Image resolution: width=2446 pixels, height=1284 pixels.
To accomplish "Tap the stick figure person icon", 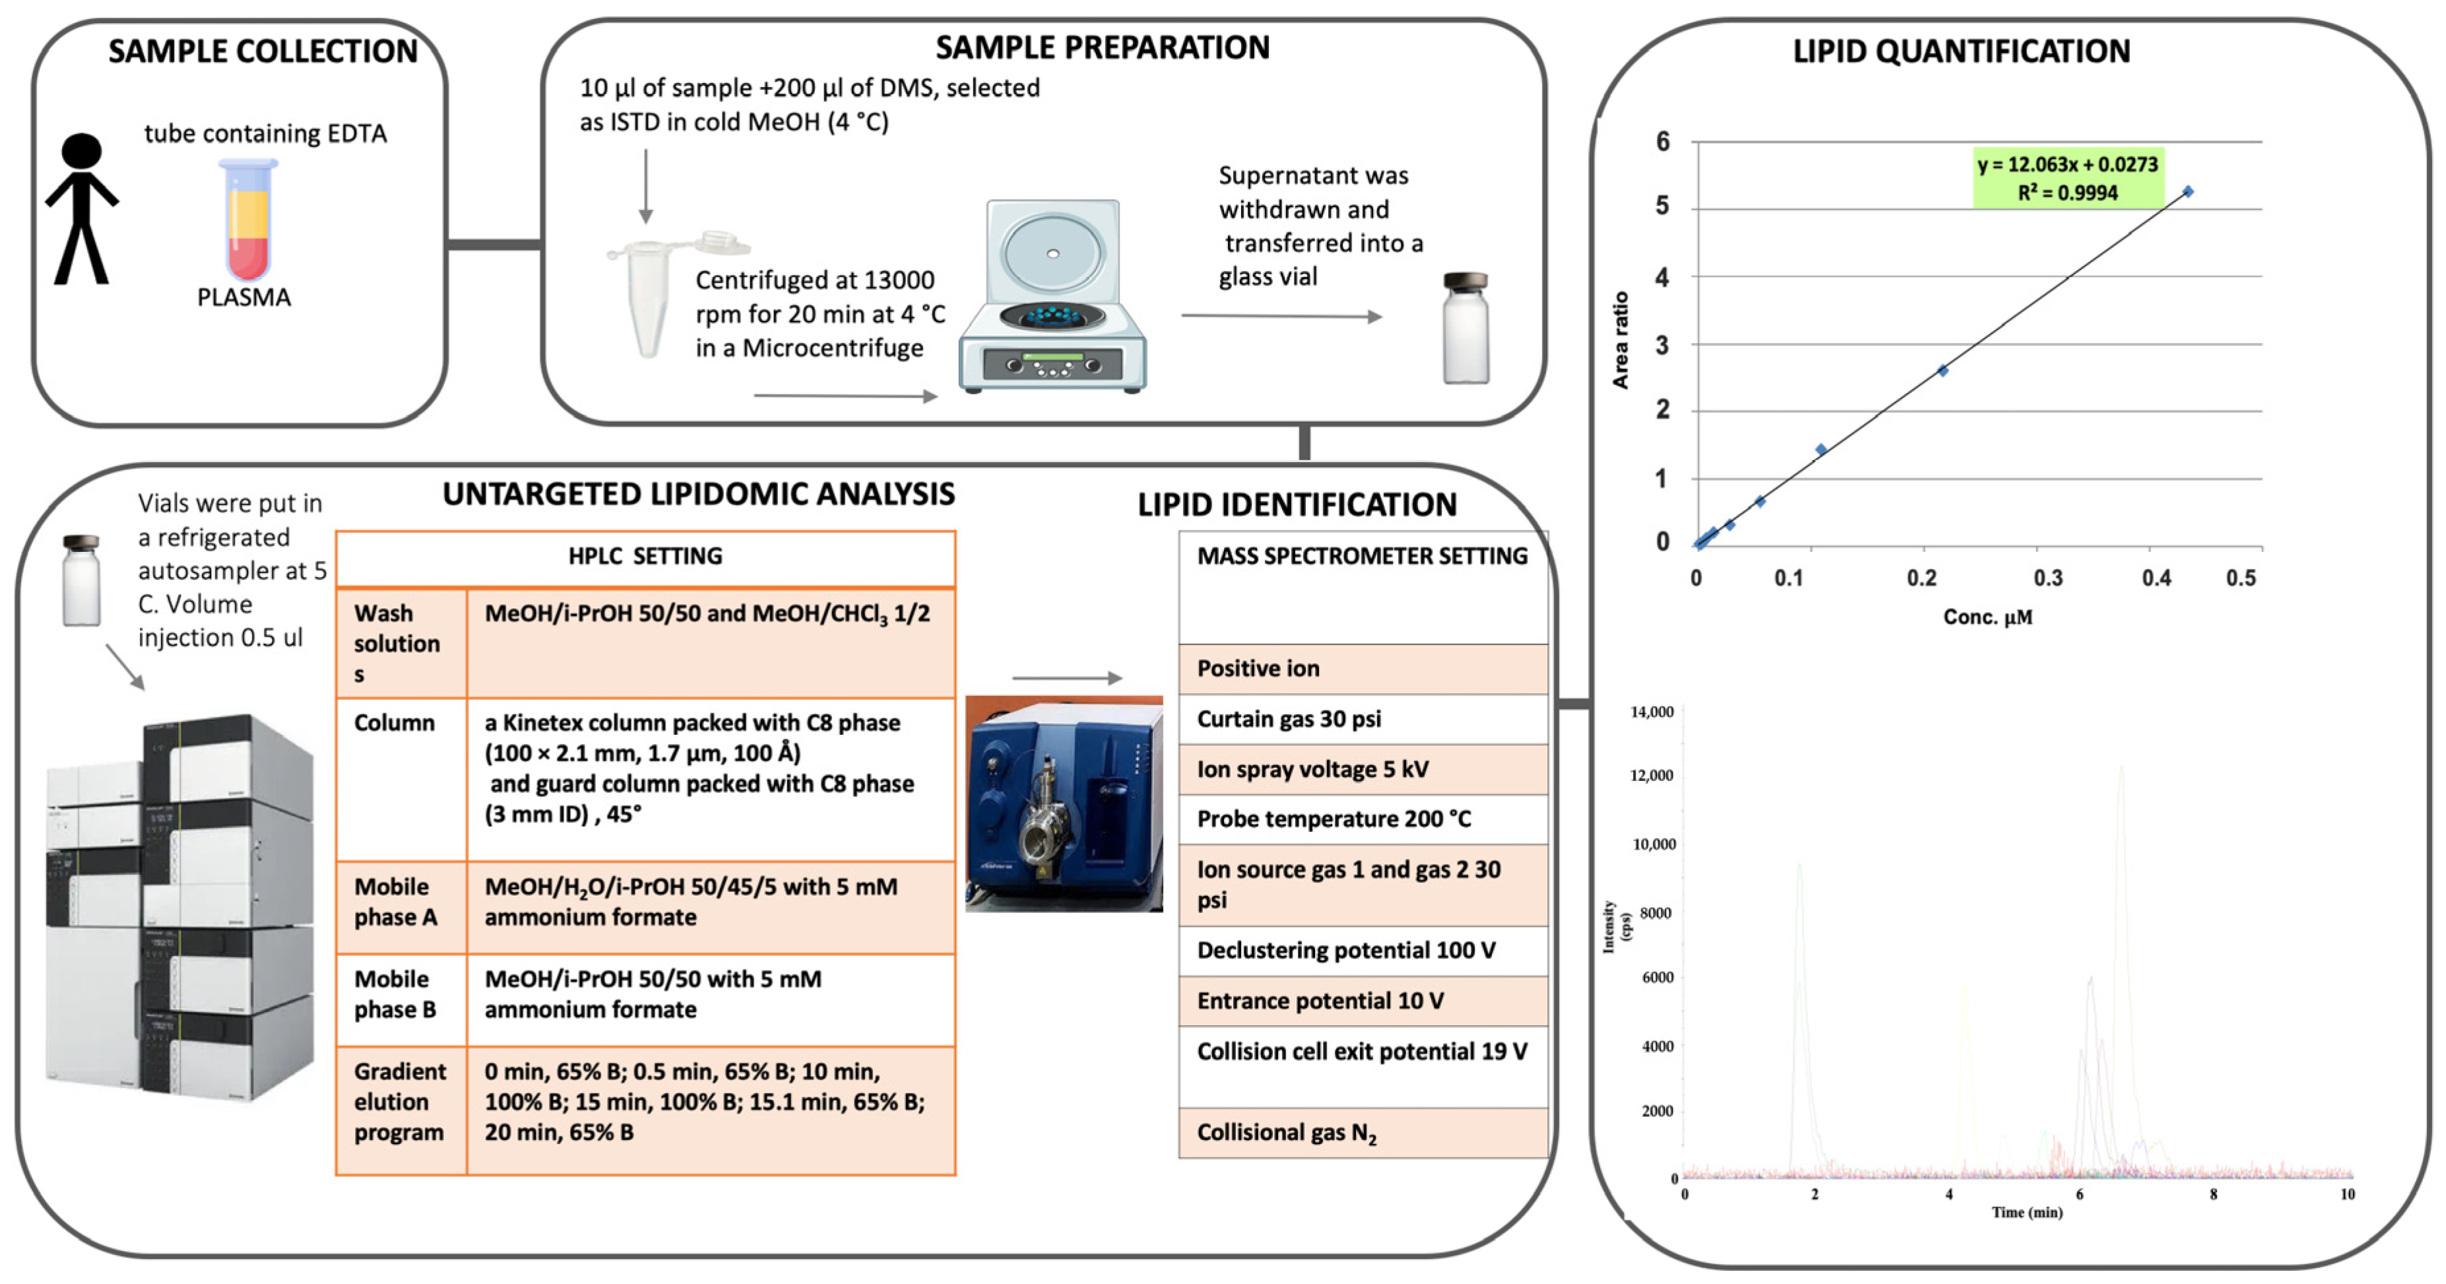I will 82,209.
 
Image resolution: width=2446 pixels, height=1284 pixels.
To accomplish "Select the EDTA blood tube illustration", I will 249,220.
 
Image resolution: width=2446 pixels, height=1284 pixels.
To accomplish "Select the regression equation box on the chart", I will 2067,178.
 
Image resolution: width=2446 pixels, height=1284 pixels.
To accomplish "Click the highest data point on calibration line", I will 2188,192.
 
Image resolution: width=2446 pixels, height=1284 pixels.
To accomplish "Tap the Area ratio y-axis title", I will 1621,340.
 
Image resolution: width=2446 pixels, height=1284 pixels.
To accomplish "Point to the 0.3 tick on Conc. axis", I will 2048,578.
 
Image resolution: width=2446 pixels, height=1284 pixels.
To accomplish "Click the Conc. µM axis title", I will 1987,617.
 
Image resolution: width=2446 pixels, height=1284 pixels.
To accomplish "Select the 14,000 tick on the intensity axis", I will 1652,712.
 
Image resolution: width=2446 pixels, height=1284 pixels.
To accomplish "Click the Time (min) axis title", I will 2026,1212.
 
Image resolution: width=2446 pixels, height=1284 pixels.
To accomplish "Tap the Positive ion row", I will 1363,669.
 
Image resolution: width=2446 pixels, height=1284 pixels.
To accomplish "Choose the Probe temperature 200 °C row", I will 1363,819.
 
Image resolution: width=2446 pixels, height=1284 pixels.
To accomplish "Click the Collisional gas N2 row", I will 1363,1132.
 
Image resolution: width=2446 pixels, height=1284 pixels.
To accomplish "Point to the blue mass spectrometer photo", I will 1064,803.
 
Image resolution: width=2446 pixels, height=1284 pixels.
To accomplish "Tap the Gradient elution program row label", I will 399,1102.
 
